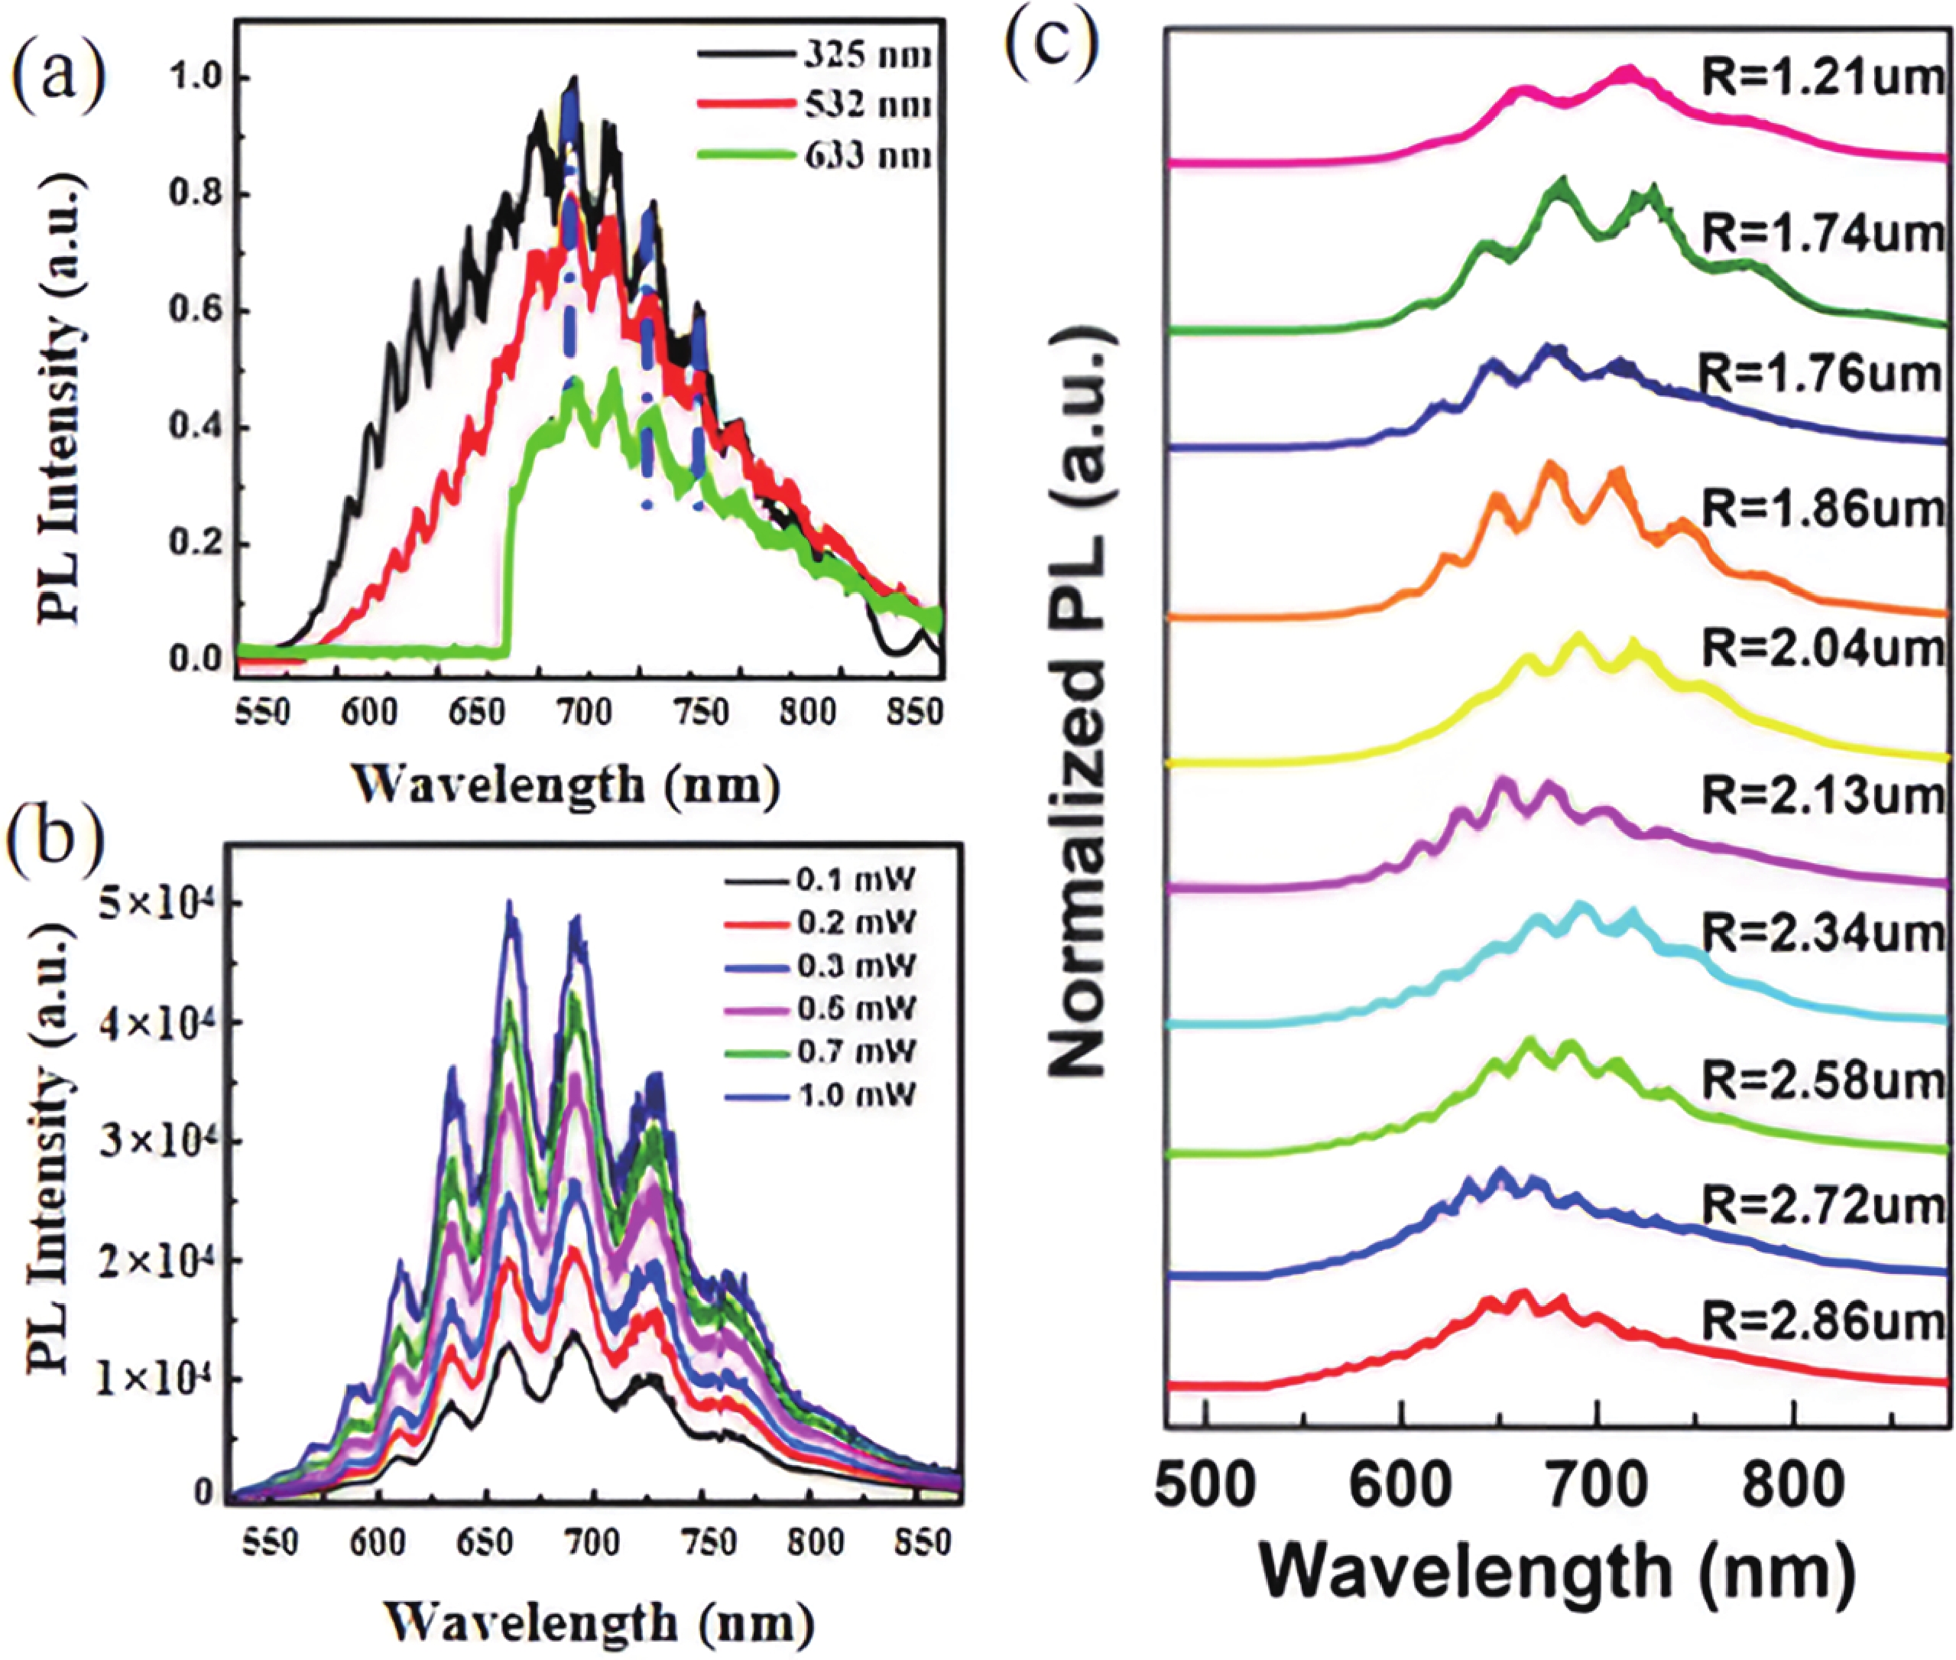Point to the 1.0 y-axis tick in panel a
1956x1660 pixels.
[x=196, y=77]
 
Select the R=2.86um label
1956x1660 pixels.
[x=1823, y=1323]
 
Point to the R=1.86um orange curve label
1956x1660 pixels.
[x=1823, y=511]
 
